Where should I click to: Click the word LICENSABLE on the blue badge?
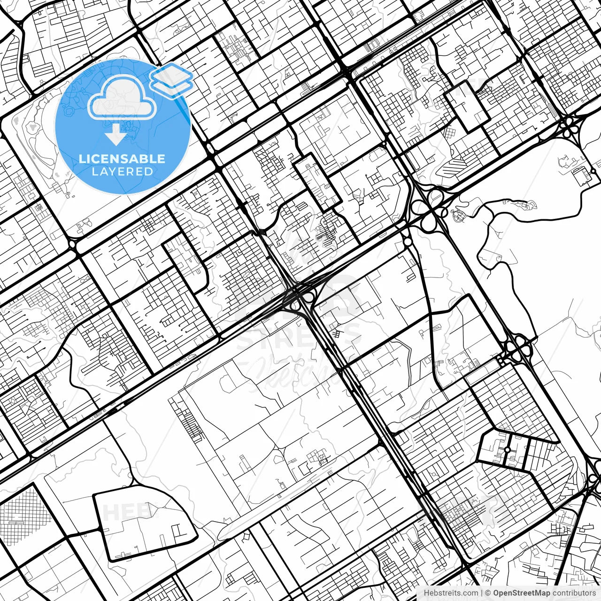pyautogui.click(x=122, y=159)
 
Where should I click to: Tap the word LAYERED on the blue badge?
pyautogui.click(x=122, y=171)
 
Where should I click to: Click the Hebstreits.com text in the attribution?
pyautogui.click(x=451, y=593)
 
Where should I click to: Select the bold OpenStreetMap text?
pyautogui.click(x=522, y=593)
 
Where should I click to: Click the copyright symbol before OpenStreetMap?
pyautogui.click(x=488, y=593)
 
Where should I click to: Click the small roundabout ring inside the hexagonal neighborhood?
pyautogui.click(x=507, y=450)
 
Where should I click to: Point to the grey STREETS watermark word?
pyautogui.click(x=299, y=338)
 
